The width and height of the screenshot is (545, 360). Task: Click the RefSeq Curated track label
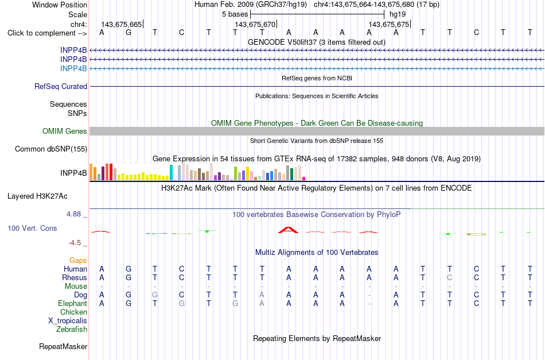tap(61, 86)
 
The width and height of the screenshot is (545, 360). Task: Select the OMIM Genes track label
tap(65, 131)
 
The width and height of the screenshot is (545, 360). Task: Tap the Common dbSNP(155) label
tap(51, 149)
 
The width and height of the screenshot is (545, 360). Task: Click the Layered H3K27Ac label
tap(37, 196)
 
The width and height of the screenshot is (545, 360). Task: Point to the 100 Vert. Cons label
tap(32, 228)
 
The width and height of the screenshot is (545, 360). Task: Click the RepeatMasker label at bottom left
tap(63, 346)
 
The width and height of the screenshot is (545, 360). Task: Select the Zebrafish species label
tap(72, 329)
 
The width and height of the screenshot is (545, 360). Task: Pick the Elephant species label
tap(72, 303)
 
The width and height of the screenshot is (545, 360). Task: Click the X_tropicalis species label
tap(68, 321)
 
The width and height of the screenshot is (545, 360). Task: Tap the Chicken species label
tap(73, 312)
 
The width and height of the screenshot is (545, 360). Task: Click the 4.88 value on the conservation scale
tap(73, 214)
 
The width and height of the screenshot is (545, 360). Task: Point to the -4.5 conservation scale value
tap(75, 243)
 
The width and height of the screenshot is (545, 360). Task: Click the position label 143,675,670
tap(255, 24)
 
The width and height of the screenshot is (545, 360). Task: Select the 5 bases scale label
tap(235, 14)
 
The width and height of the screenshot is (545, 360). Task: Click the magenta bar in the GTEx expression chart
tap(303, 179)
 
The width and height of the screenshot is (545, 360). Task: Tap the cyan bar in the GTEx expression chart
tap(171, 172)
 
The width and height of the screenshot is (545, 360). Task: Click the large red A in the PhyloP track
tap(288, 230)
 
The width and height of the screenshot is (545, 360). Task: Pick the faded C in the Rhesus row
tap(449, 277)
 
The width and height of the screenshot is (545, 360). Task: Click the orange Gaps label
tap(78, 260)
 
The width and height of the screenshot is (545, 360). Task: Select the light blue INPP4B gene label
tap(73, 68)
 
